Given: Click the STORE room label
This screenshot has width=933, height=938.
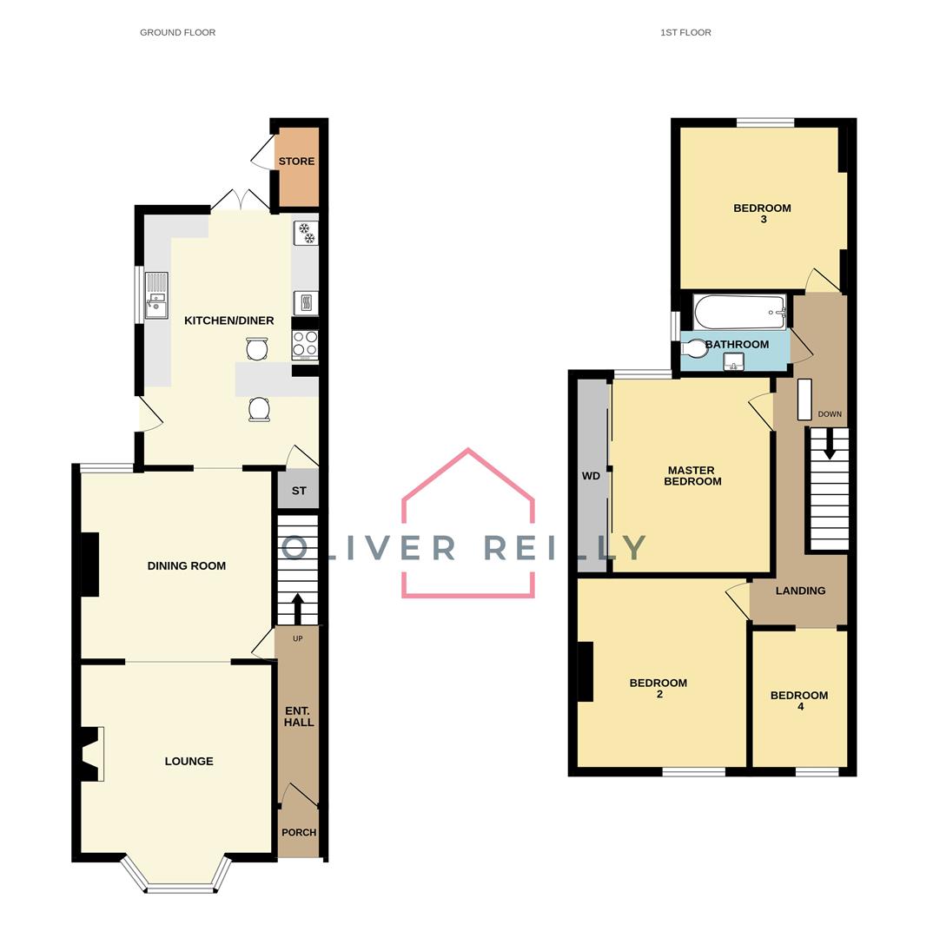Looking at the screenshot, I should (296, 162).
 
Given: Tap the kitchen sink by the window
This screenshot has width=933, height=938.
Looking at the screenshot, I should (156, 295).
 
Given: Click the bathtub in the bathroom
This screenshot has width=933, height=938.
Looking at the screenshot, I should (739, 312).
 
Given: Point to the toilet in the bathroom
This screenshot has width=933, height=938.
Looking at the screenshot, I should (696, 348).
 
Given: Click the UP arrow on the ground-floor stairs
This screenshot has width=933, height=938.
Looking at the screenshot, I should (298, 608).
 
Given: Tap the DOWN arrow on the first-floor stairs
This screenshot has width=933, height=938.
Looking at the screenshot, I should (829, 446).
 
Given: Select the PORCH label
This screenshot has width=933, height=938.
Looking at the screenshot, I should (299, 832).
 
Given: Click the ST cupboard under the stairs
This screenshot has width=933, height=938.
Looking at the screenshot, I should (299, 491).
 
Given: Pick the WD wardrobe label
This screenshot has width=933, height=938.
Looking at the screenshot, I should (591, 476).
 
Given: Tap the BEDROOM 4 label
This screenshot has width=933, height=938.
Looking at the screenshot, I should (799, 701).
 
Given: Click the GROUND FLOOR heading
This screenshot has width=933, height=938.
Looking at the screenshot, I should (177, 32).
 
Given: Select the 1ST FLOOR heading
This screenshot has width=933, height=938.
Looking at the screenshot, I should (685, 32).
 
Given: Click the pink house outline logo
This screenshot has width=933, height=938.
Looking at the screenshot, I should (468, 521).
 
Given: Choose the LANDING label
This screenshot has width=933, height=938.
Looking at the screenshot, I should (800, 591).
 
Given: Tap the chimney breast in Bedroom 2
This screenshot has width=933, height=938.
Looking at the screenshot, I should (585, 671).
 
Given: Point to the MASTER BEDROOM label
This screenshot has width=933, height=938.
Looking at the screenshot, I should (692, 476).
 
